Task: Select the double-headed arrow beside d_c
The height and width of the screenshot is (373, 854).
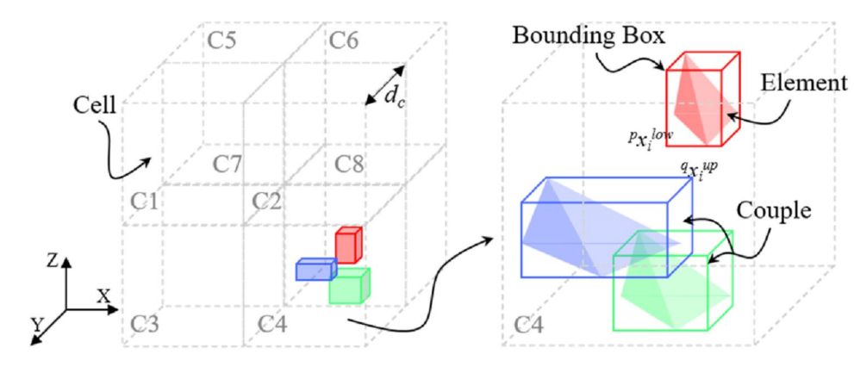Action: (383, 84)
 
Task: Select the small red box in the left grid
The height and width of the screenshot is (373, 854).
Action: (346, 246)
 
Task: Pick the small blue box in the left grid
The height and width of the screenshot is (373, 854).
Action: (315, 270)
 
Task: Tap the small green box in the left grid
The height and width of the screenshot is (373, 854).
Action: (349, 286)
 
